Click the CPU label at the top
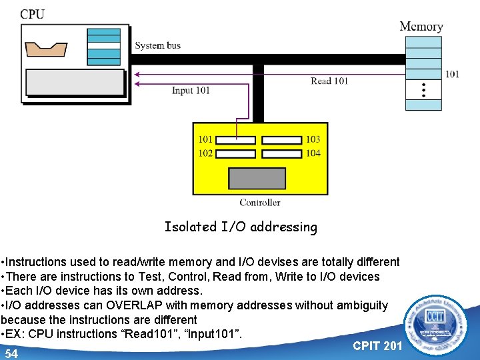(x=33, y=15)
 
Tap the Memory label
(x=421, y=27)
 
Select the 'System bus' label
(x=157, y=45)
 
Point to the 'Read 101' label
(x=329, y=81)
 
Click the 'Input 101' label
(x=191, y=91)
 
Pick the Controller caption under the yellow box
(x=260, y=203)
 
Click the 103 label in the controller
(x=313, y=139)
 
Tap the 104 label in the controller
(x=313, y=153)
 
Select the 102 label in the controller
(x=205, y=153)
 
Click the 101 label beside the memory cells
(x=452, y=74)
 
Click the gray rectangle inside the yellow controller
(x=257, y=178)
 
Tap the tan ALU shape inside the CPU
(x=45, y=49)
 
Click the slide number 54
(x=11, y=353)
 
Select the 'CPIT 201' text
(x=377, y=345)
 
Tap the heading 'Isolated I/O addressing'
(x=241, y=227)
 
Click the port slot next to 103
(x=281, y=140)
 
